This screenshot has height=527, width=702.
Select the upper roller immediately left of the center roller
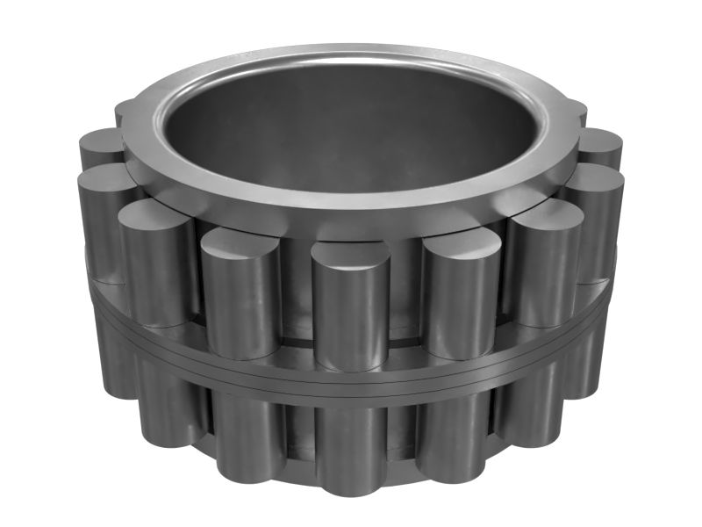pyautogui.click(x=240, y=294)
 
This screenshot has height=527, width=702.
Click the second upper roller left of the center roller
pyautogui.click(x=156, y=263)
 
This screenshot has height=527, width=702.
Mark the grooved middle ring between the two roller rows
pyautogui.click(x=351, y=373)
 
